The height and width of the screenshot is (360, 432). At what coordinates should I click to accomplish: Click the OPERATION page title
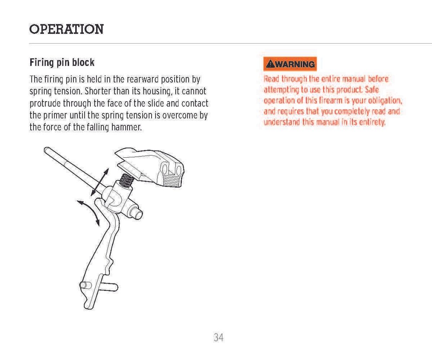click(67, 29)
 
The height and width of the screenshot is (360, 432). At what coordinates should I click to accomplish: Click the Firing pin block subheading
click(62, 63)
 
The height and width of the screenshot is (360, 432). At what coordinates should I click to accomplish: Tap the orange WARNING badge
click(290, 64)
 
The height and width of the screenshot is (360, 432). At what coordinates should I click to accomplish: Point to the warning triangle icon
click(270, 64)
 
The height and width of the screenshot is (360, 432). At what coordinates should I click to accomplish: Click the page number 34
click(219, 337)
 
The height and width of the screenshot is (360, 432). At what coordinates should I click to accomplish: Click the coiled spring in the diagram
click(127, 181)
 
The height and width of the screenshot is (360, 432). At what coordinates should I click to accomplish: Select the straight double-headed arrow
click(99, 182)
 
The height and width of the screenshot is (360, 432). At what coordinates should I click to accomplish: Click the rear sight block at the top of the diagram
click(150, 167)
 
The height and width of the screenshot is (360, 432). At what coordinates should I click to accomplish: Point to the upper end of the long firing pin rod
click(46, 150)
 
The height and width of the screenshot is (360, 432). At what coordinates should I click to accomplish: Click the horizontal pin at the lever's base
click(98, 286)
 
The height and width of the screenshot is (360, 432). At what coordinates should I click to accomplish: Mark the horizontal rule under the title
click(231, 44)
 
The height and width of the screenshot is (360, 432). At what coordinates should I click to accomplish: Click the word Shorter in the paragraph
click(98, 91)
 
